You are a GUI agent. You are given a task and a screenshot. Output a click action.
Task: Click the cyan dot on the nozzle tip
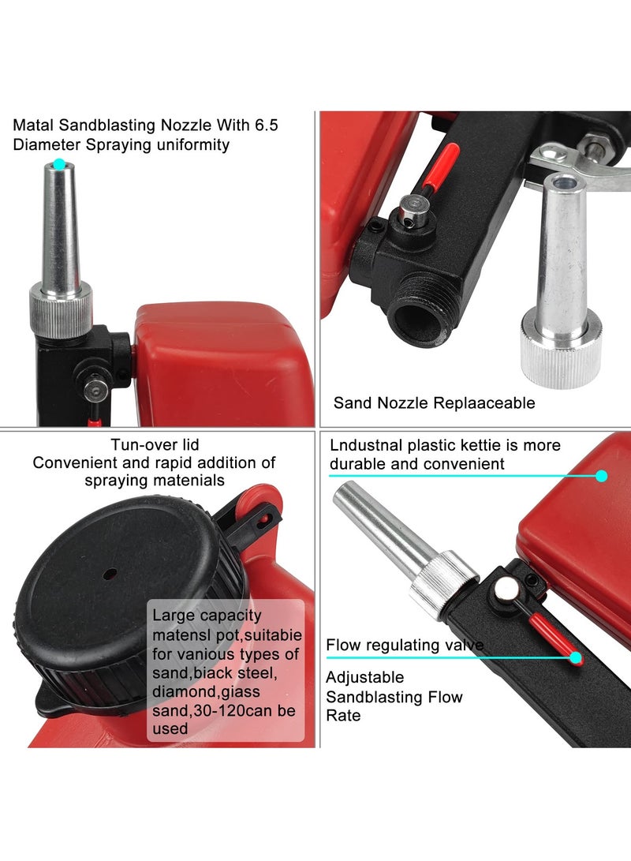click(58, 164)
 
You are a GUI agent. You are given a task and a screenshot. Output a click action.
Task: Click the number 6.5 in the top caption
click(267, 125)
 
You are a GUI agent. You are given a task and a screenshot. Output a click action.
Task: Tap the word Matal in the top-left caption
click(33, 125)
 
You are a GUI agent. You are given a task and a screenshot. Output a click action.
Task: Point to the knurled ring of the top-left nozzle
click(60, 302)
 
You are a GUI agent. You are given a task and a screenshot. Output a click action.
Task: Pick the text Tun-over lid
click(154, 445)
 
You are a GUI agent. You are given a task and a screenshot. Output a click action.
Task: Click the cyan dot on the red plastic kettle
click(601, 476)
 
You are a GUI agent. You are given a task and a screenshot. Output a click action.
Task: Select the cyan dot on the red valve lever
click(577, 657)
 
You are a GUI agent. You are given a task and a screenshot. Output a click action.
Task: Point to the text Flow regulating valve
click(405, 646)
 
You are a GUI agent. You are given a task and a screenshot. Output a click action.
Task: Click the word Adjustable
click(365, 678)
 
